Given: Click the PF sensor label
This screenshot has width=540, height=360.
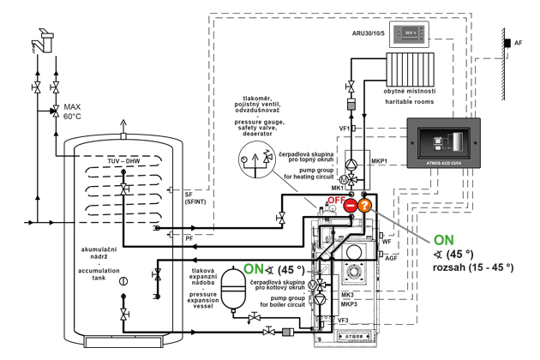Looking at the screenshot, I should coord(188,237).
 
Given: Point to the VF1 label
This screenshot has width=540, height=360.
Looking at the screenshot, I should coord(343,128).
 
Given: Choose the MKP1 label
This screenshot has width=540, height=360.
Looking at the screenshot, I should coord(380,160).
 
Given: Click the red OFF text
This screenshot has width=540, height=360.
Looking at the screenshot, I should coord(336,200).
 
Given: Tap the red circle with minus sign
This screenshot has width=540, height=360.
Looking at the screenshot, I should coord(350,206).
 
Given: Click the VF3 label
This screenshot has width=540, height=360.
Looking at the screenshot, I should coord(343,320).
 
